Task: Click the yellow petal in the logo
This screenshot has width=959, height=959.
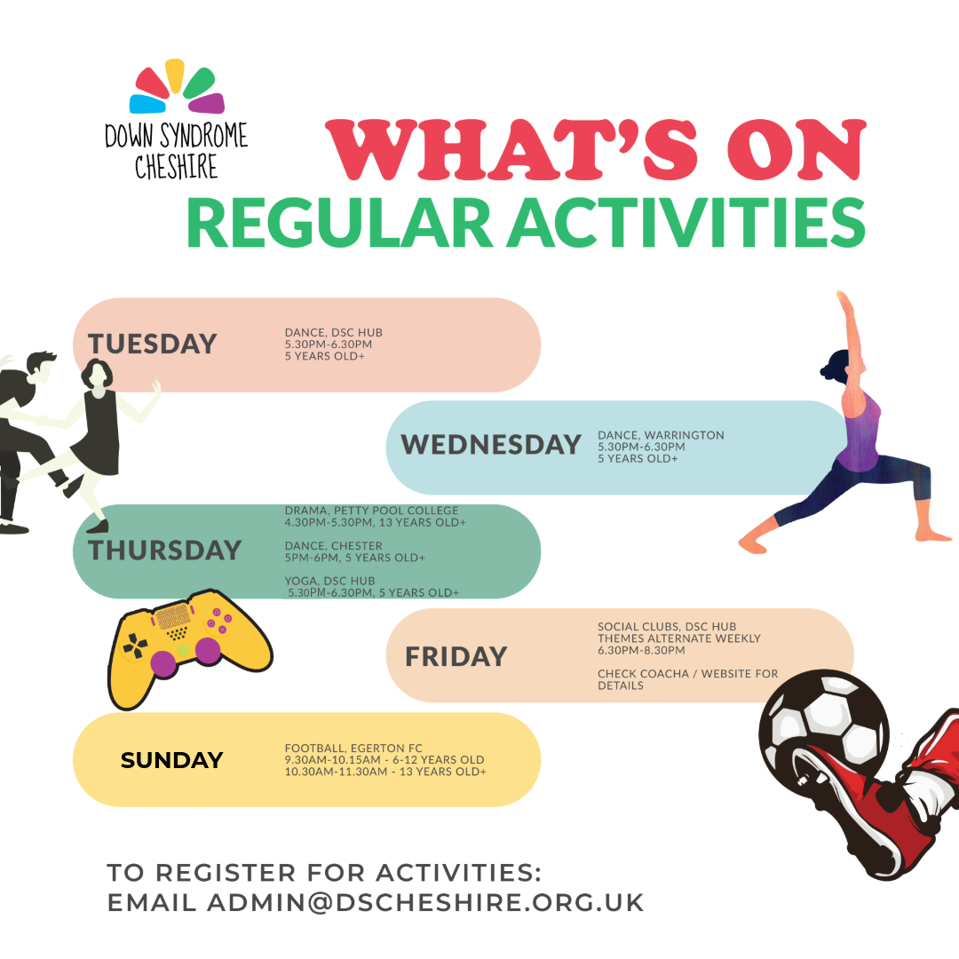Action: point(175,75)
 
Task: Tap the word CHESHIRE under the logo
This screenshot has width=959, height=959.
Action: point(176,166)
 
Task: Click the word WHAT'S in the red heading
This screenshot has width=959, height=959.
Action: point(511,150)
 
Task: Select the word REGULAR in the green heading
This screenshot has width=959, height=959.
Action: point(339,223)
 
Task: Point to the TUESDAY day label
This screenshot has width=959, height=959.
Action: point(153,344)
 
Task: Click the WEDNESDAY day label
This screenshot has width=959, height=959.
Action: point(490,445)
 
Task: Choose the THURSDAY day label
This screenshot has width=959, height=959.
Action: point(164,551)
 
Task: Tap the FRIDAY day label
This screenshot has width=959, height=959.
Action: point(456,657)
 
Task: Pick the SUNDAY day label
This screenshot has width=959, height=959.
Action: point(172,760)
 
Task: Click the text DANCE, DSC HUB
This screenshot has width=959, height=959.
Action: point(333,332)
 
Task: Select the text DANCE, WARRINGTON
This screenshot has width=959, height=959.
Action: point(661,435)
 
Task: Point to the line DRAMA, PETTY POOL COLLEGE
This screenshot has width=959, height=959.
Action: point(371,510)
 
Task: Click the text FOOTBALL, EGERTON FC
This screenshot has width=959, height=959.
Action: point(353,748)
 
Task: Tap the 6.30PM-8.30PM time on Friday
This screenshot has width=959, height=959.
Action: point(641,650)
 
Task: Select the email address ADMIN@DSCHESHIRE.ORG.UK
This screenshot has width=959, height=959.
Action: point(425,903)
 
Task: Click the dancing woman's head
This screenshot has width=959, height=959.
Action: point(97,374)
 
